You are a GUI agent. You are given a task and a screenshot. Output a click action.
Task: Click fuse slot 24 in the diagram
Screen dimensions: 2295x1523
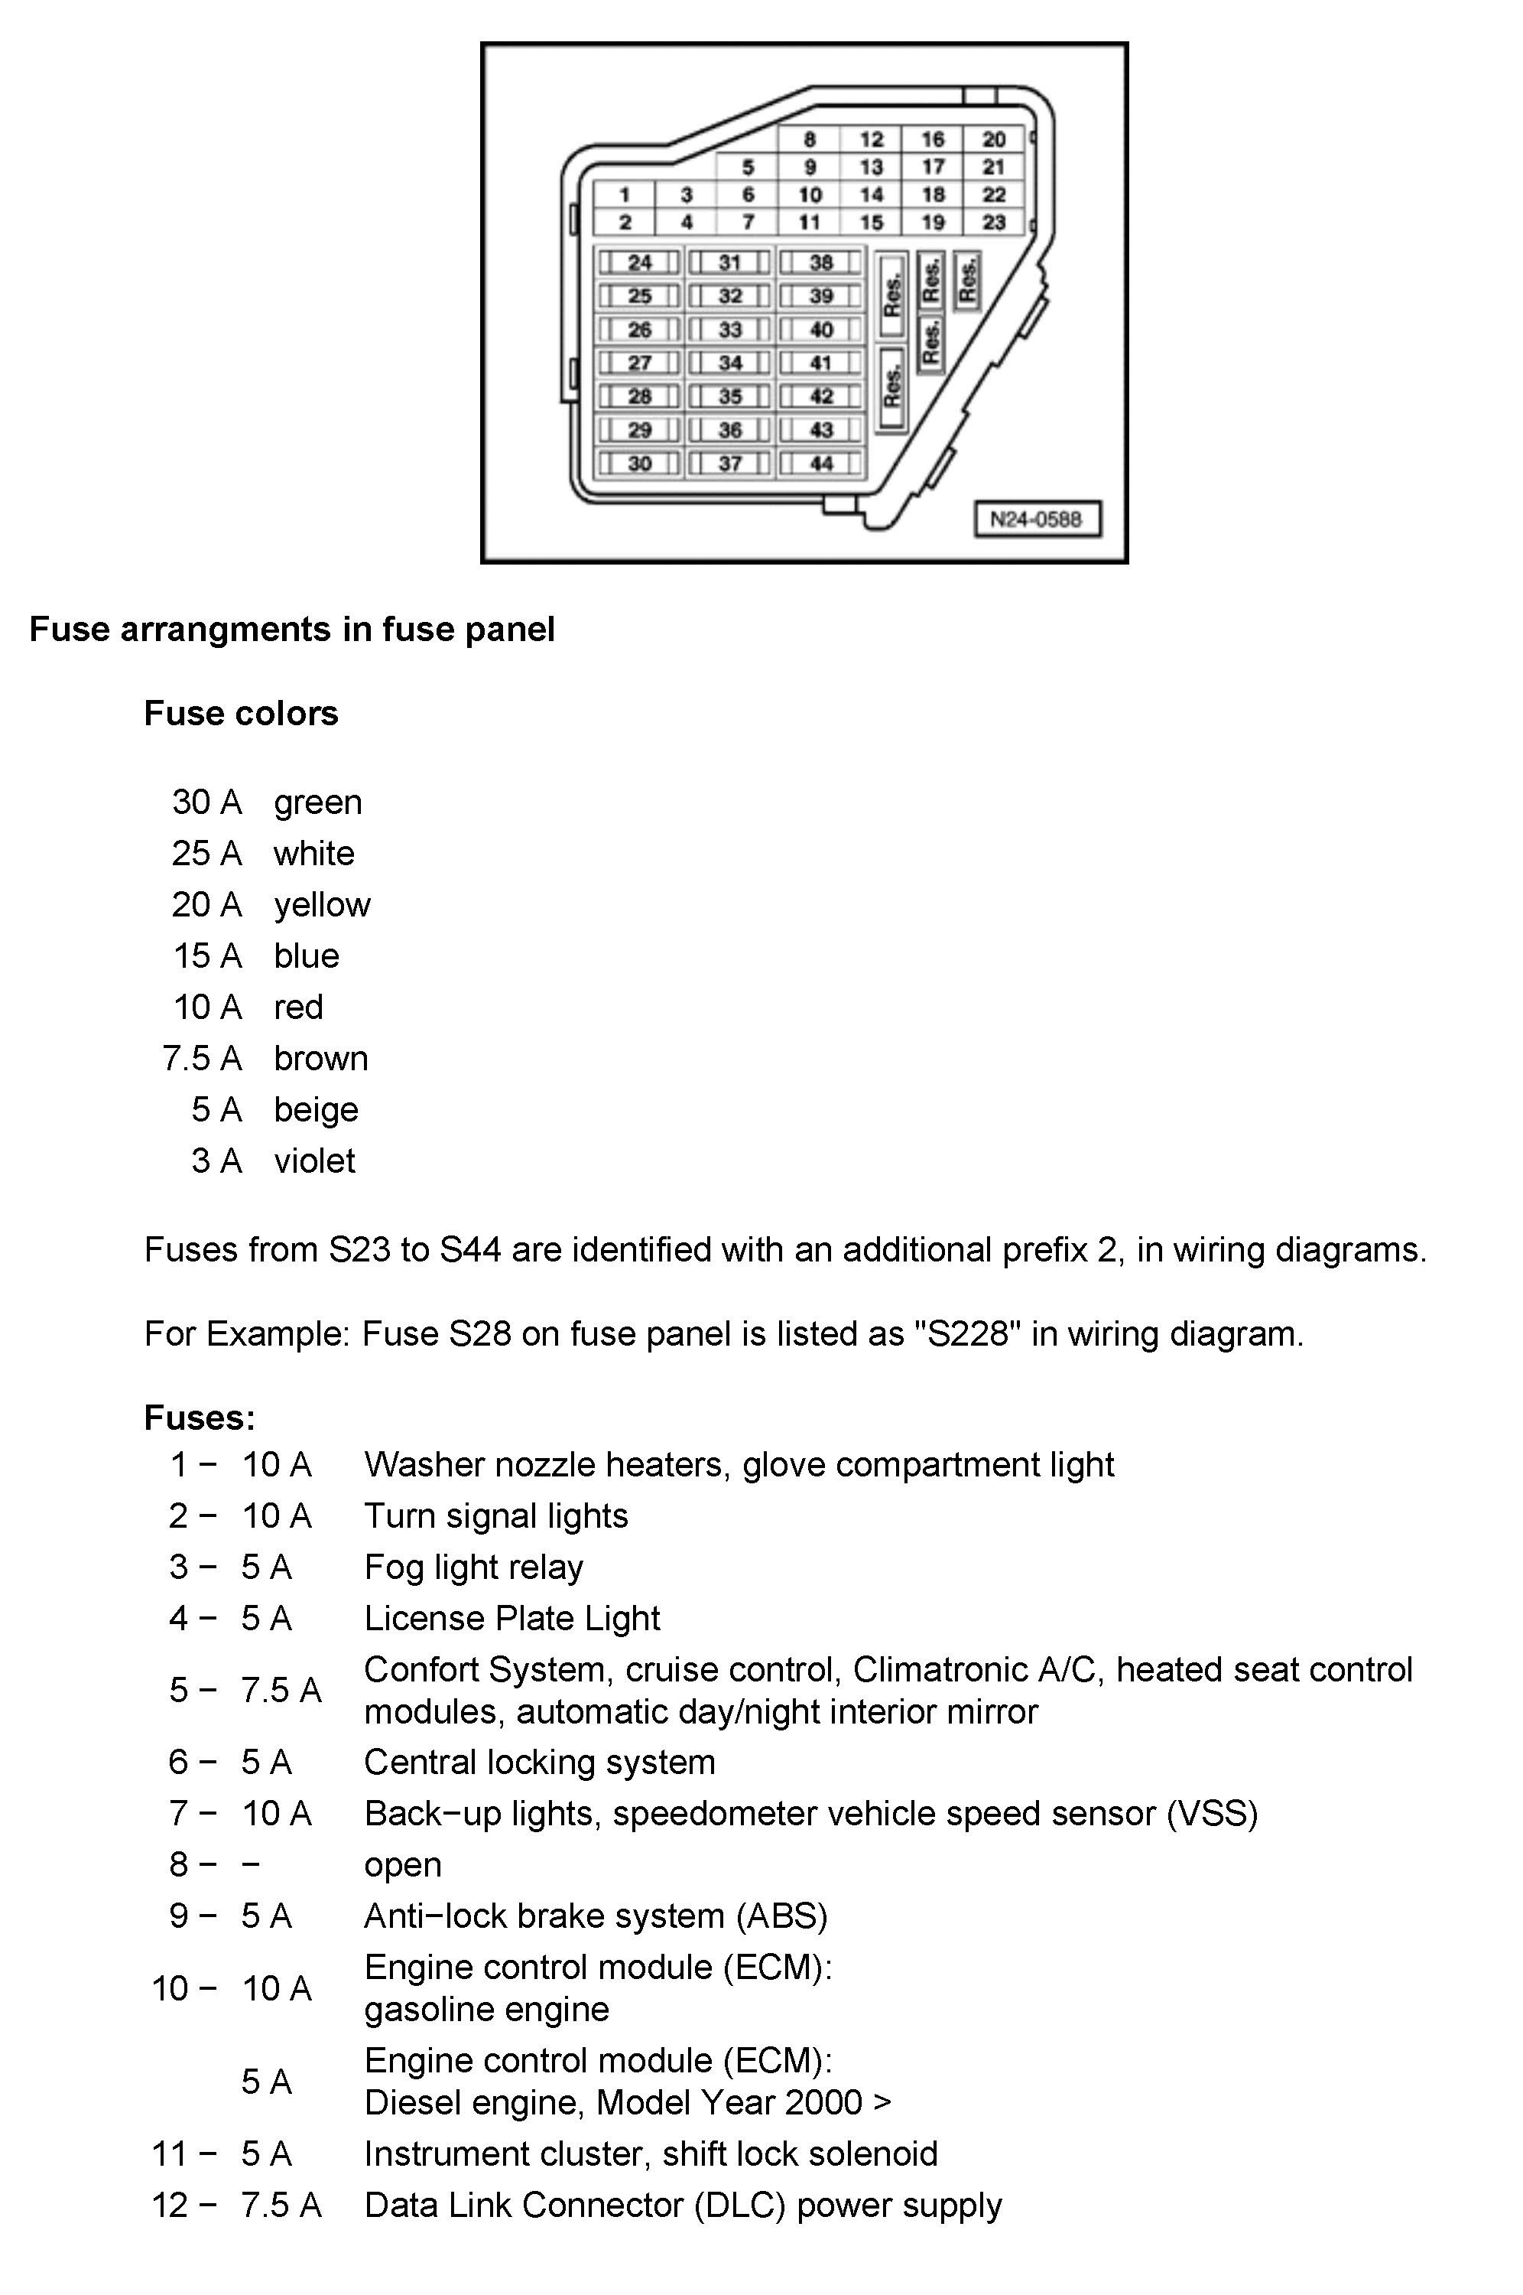(639, 262)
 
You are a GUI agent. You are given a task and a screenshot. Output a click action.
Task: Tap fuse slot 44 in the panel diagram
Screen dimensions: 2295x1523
(820, 464)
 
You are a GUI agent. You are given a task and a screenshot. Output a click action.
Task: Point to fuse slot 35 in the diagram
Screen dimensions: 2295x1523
(729, 396)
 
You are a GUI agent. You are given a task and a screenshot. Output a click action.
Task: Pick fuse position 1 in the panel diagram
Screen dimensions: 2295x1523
(625, 195)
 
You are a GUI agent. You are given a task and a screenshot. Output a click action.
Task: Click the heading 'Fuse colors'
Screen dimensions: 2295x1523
(241, 713)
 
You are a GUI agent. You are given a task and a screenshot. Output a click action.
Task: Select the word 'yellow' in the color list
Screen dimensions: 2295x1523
(322, 904)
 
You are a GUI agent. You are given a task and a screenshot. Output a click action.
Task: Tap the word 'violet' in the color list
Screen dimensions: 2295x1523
(313, 1161)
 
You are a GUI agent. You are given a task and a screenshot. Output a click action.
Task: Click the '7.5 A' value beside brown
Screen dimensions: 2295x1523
(202, 1058)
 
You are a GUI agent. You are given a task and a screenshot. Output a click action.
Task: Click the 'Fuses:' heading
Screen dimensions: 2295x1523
(199, 1418)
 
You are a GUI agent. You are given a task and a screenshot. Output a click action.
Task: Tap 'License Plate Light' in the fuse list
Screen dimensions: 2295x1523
(512, 1618)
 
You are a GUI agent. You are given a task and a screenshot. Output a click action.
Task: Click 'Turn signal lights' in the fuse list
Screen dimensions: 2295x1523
(495, 1515)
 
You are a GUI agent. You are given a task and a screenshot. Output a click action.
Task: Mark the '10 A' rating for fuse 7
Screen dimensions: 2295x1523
(276, 1813)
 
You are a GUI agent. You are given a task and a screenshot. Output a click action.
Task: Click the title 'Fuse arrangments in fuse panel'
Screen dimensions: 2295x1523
(291, 630)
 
